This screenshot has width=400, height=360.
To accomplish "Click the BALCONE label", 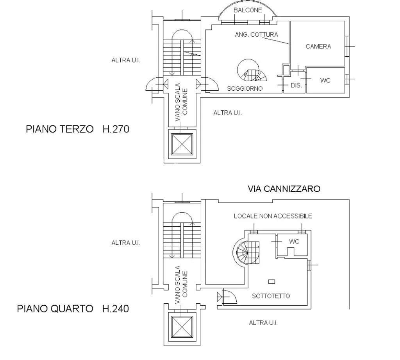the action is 248,10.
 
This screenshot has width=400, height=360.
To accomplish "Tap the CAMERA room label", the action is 318,47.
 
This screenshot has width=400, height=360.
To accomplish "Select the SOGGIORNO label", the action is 245,88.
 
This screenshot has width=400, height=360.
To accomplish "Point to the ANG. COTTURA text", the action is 256,34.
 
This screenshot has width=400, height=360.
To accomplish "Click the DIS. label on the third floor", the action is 296,85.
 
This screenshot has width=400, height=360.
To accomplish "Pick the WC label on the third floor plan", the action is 325,81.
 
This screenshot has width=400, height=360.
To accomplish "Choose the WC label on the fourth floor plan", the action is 294,242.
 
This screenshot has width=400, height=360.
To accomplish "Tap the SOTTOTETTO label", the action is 271,296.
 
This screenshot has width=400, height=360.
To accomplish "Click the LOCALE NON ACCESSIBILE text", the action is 273,216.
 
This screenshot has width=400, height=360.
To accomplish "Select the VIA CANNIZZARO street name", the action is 284,189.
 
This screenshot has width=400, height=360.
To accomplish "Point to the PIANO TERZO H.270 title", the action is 78,129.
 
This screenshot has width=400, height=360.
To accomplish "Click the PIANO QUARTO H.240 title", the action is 73,309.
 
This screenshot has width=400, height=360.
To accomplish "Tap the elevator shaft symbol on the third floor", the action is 182,144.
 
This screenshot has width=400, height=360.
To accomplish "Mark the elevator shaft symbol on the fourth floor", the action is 182,326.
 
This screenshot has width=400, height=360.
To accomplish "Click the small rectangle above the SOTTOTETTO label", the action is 271,281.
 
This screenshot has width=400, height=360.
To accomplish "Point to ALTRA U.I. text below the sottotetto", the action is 263,323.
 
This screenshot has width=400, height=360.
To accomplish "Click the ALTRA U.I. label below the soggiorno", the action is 228,113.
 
